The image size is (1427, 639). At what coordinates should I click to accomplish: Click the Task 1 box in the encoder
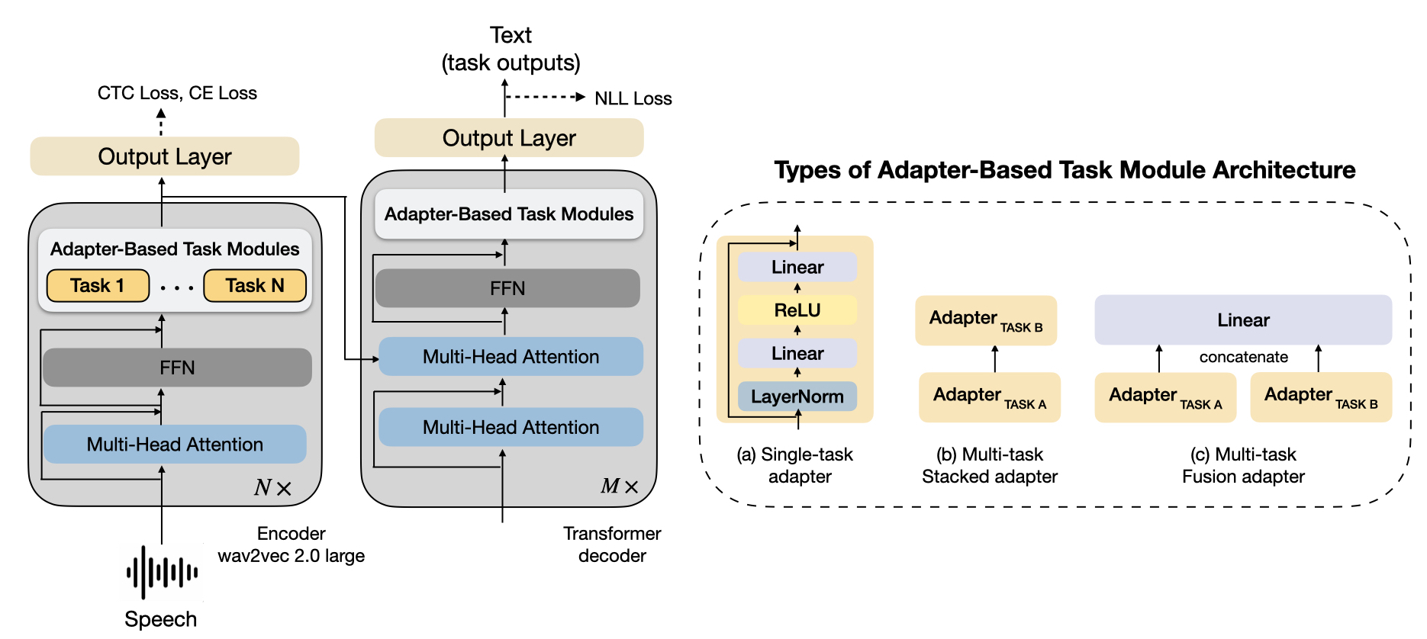coord(98,286)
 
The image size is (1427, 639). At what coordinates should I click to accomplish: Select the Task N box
coord(255,286)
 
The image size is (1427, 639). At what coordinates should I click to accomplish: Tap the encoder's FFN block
coord(177,368)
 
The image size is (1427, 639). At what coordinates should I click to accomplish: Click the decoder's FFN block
coord(507,288)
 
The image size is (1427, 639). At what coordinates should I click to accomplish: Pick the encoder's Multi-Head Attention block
coord(175,444)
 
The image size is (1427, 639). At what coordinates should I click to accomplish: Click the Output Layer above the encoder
coord(165,156)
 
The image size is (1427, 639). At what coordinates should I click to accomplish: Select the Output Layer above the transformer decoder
coord(509,138)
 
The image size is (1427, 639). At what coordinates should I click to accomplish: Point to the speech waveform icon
coord(162,572)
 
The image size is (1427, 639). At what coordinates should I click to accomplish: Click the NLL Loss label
coord(633,98)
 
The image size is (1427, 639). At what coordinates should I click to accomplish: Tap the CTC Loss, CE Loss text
coord(177,93)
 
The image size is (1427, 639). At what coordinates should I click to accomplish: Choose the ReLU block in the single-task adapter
coord(797,310)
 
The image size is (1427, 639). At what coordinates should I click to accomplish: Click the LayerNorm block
coord(797,397)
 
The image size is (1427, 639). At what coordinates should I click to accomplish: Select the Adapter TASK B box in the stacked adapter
coord(986,320)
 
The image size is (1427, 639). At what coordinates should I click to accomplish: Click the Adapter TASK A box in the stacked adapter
coord(990,397)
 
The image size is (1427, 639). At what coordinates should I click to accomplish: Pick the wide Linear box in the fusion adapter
coord(1243,320)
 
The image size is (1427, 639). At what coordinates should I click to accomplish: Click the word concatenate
coord(1243,357)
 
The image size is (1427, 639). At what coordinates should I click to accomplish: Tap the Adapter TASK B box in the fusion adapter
coord(1321,397)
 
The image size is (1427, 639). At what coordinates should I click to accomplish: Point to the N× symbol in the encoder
coord(272,488)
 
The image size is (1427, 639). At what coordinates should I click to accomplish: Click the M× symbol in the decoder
coord(619,486)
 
